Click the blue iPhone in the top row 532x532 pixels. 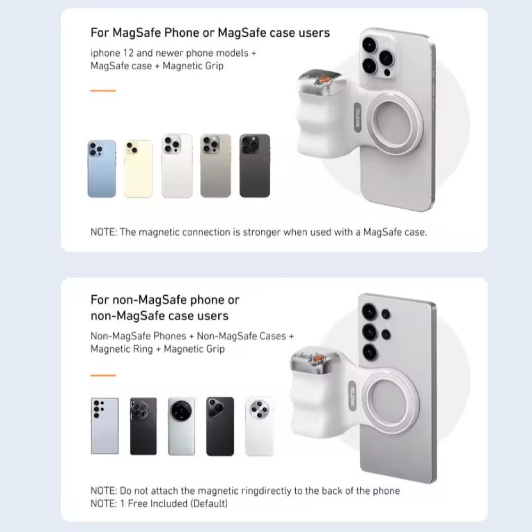point(102,169)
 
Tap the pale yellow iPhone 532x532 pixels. point(138,169)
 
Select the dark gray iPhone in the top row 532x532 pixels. point(255,165)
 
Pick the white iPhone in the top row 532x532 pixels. point(177,165)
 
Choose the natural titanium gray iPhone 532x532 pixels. point(216,165)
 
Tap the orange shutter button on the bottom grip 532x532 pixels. point(318,358)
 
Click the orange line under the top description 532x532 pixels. point(103,90)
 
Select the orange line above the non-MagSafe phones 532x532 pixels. point(103,375)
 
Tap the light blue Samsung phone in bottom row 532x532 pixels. point(105,426)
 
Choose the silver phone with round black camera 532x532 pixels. point(181,426)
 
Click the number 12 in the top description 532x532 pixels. point(128,53)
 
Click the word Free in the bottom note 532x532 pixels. point(137,503)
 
